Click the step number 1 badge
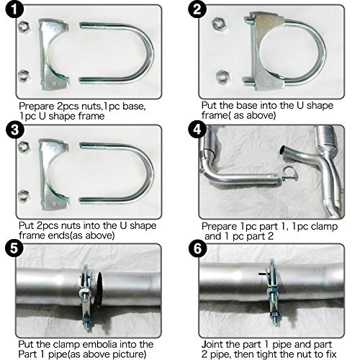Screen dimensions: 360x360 (14, 9)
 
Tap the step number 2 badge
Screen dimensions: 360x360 (197, 9)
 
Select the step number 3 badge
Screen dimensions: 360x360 (14, 130)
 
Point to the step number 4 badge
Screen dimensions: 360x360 (197, 130)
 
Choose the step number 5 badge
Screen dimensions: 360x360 (14, 248)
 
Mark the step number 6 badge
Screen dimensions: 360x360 (197, 248)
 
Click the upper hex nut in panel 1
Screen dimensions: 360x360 (24, 27)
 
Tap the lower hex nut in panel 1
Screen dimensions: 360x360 (24, 76)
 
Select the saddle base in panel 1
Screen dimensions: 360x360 (53, 55)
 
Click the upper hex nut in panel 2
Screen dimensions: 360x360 (219, 24)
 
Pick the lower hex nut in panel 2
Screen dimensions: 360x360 (223, 77)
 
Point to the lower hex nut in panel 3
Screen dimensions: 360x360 (24, 196)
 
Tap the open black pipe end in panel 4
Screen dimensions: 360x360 (282, 150)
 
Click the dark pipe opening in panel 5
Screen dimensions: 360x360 (99, 289)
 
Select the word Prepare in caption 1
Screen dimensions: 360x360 (37, 106)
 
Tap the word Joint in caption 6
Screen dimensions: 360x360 (213, 344)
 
